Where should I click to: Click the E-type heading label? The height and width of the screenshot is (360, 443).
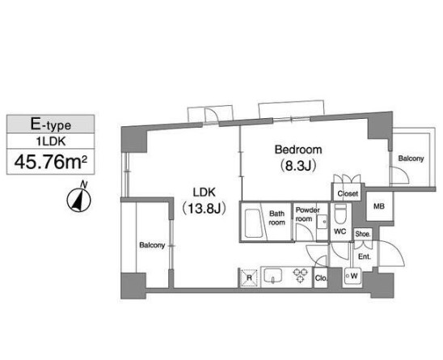51,125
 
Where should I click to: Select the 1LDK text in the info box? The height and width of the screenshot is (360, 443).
51,142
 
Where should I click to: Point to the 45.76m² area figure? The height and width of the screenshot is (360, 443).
51,163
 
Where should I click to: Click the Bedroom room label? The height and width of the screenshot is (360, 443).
298,150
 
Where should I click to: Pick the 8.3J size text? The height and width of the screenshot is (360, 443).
297,166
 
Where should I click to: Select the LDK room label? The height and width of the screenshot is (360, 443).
204,193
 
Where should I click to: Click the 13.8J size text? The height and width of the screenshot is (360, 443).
204,209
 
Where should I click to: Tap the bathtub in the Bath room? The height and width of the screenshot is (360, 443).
252,223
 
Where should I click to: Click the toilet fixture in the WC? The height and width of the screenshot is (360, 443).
340,214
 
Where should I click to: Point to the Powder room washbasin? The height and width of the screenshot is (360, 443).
322,222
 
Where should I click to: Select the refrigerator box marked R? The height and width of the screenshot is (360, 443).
249,278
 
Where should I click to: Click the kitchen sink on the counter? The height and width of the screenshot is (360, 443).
273,276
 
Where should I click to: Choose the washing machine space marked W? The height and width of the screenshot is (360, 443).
353,276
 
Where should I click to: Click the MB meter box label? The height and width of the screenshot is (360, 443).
379,206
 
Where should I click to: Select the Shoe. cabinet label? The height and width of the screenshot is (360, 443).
363,234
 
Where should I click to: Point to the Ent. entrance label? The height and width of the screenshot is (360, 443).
365,256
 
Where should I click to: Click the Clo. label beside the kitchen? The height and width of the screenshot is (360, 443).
321,278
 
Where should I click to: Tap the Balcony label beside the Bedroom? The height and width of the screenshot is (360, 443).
411,159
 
